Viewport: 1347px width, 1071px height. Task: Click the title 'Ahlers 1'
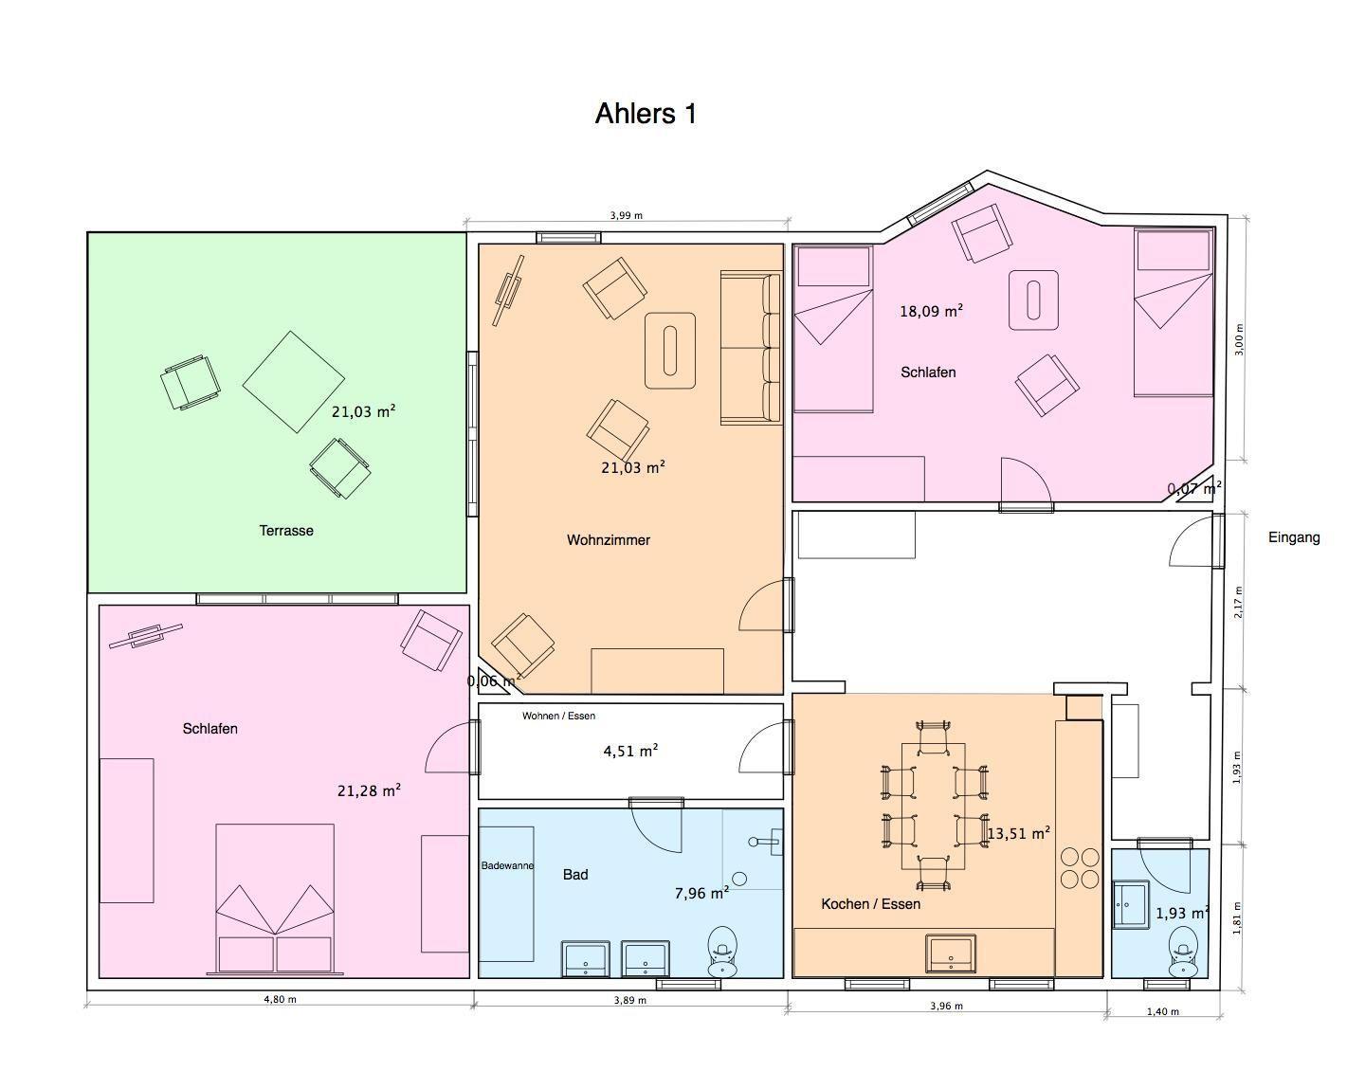[646, 114]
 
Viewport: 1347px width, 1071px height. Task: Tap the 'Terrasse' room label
[286, 531]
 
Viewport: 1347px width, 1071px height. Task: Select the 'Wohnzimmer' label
[609, 540]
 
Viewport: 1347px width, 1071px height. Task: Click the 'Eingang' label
[1294, 537]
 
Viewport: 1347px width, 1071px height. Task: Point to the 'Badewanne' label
[507, 865]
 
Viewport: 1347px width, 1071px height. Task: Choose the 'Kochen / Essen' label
[870, 904]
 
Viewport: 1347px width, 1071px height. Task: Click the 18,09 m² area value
[931, 311]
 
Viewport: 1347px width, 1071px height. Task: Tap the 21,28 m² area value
[369, 790]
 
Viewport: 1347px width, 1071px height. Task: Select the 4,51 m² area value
[630, 751]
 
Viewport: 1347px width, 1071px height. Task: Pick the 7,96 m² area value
[701, 893]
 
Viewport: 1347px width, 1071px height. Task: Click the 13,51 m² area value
[1018, 833]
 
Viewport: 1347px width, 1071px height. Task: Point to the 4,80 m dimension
[280, 999]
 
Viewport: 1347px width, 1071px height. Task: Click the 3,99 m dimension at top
[626, 215]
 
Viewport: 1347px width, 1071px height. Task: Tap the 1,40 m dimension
[1162, 1011]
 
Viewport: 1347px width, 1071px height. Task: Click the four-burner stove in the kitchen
[1080, 867]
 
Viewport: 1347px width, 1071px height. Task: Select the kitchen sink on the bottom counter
[950, 953]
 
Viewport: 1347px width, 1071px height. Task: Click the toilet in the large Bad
[722, 951]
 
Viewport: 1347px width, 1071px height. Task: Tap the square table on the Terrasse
[294, 382]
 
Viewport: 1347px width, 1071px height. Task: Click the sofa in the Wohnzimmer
[751, 348]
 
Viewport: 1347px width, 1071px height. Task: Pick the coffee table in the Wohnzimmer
[670, 351]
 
